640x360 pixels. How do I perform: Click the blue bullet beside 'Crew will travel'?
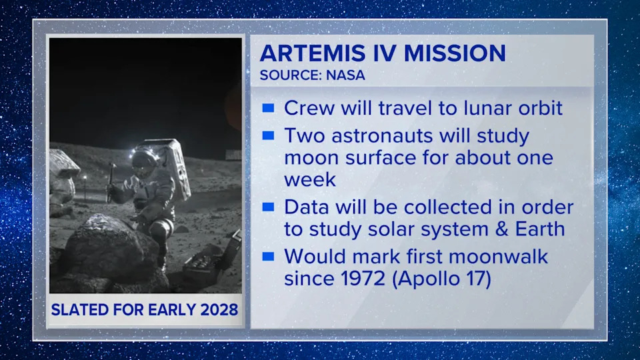[268, 107]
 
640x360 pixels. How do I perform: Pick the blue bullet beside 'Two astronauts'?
[268, 135]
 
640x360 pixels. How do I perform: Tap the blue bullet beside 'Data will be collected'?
[268, 207]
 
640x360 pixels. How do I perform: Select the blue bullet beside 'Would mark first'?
[268, 256]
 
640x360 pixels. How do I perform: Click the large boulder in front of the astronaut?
[111, 247]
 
